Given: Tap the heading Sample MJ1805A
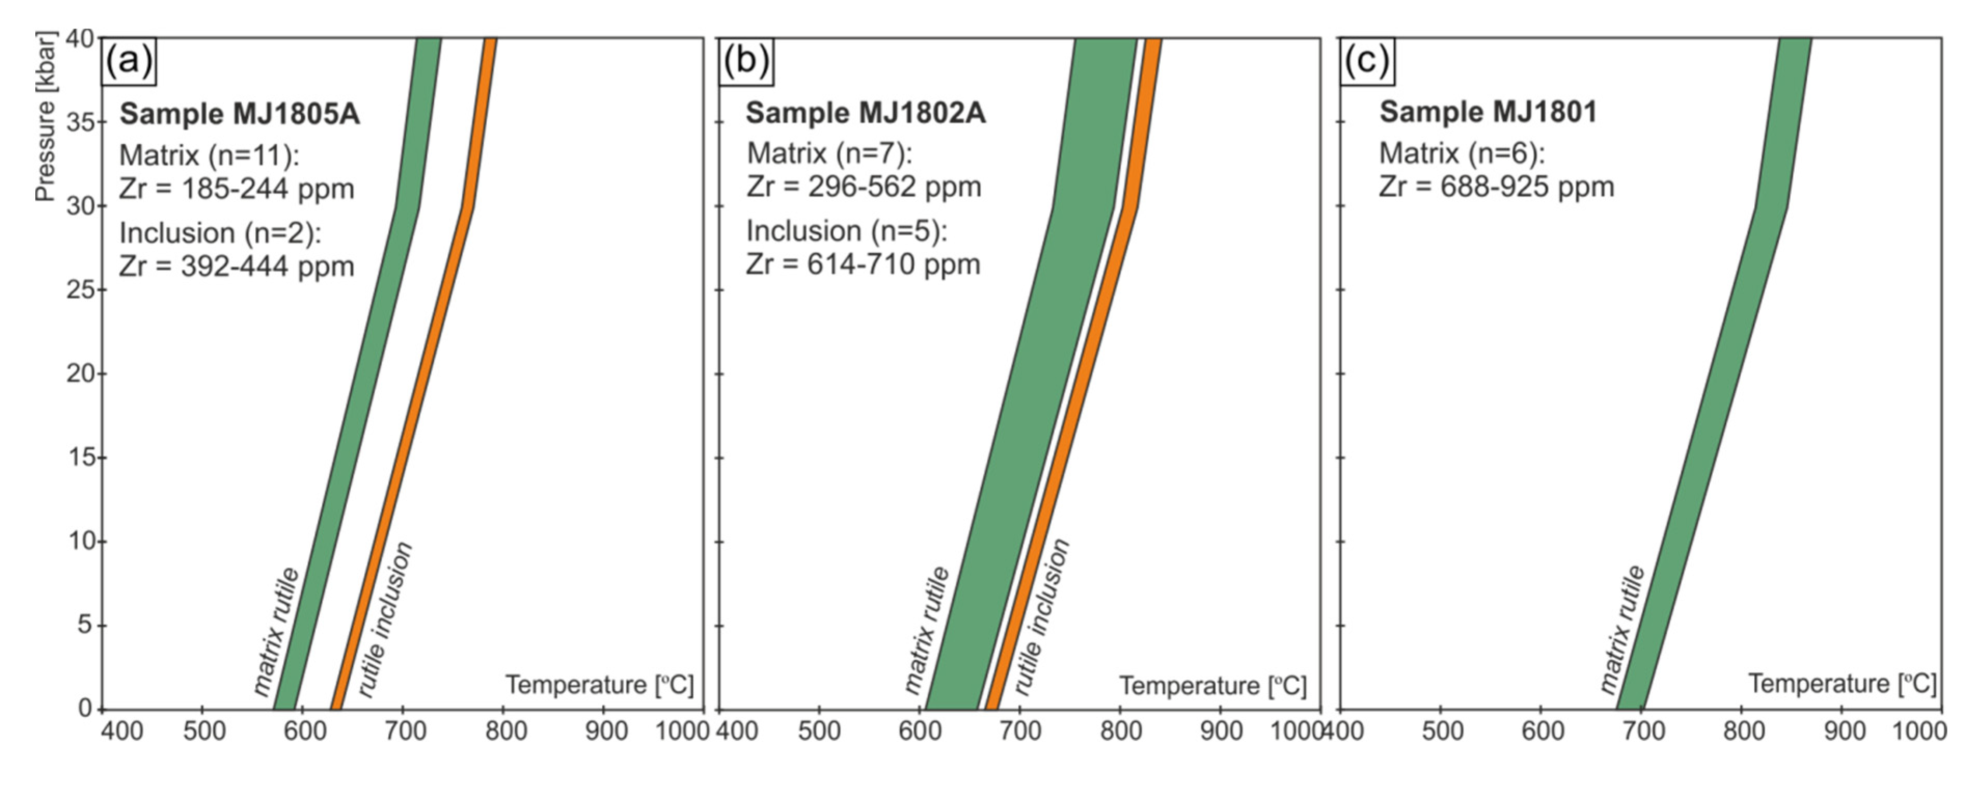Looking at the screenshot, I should tap(239, 114).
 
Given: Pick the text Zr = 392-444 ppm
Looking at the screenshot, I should tap(237, 267).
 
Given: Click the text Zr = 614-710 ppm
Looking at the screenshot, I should tap(863, 264).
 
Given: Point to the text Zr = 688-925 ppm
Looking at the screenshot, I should tap(1496, 187).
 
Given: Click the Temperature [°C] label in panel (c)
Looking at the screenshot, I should tap(1842, 684).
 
